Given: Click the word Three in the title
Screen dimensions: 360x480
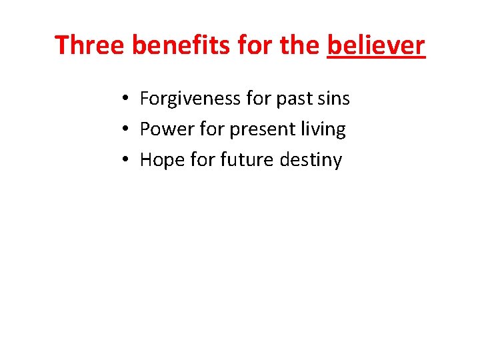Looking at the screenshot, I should tap(90, 45).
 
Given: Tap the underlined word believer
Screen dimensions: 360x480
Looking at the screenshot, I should tap(376, 45).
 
